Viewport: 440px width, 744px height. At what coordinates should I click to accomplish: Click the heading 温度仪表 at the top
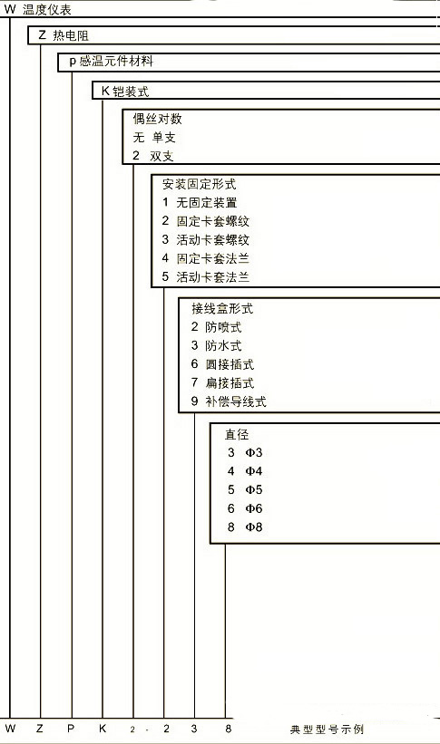47,9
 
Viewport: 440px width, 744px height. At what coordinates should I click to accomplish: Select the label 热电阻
71,35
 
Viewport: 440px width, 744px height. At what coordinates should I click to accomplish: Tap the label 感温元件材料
116,62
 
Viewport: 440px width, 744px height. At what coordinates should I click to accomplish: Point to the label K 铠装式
125,91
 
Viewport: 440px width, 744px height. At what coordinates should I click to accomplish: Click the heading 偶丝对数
157,119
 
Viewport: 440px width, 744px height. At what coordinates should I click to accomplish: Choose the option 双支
161,156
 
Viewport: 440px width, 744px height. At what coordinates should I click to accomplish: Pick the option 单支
164,137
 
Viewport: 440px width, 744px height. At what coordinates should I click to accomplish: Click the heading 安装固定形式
199,184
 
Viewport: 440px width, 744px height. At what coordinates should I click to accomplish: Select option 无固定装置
207,203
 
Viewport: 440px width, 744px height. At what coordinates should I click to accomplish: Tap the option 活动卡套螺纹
213,239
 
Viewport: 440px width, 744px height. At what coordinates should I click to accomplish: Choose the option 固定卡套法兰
213,258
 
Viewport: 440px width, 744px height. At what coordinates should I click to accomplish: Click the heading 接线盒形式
222,308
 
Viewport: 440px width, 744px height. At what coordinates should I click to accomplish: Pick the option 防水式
223,345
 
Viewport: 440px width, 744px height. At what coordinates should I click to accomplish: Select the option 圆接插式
230,364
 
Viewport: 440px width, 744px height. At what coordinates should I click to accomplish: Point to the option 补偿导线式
236,401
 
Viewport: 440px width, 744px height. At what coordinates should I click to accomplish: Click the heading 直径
237,434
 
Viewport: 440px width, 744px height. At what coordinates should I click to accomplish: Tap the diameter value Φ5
254,489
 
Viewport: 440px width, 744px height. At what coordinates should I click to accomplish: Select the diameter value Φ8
254,527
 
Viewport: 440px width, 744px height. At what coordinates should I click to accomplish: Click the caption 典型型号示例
327,729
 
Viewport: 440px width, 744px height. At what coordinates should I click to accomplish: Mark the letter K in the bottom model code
103,729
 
